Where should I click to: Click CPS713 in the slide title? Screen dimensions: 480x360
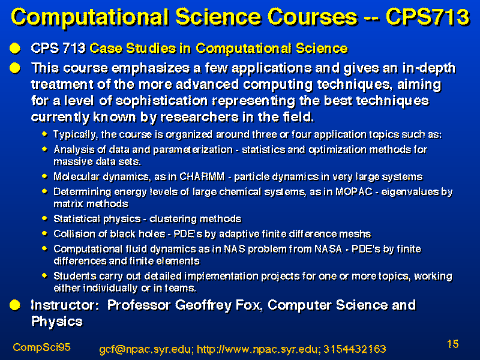pyautogui.click(x=427, y=17)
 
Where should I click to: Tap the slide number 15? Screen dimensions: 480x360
pyautogui.click(x=453, y=344)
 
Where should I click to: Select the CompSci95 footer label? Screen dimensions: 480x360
pyautogui.click(x=41, y=347)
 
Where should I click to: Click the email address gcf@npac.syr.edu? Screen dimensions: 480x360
pyautogui.click(x=146, y=349)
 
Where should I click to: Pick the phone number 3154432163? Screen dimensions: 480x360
pyautogui.click(x=355, y=349)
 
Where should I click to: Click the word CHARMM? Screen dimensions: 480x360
pyautogui.click(x=202, y=176)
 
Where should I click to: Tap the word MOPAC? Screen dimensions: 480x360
pyautogui.click(x=354, y=191)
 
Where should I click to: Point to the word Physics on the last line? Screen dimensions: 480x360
pyautogui.click(x=57, y=322)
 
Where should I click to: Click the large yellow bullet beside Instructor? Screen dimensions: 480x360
pyautogui.click(x=14, y=305)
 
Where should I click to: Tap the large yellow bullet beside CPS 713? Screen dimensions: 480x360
pyautogui.click(x=14, y=49)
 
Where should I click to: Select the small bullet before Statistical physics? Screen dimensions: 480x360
pyautogui.click(x=44, y=218)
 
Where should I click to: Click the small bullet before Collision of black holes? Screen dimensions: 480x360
pyautogui.click(x=44, y=233)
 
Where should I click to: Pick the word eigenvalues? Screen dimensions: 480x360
pyautogui.click(x=409, y=192)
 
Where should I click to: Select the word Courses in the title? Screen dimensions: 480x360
pyautogui.click(x=312, y=17)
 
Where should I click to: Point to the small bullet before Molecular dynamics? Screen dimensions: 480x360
pyautogui.click(x=44, y=176)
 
